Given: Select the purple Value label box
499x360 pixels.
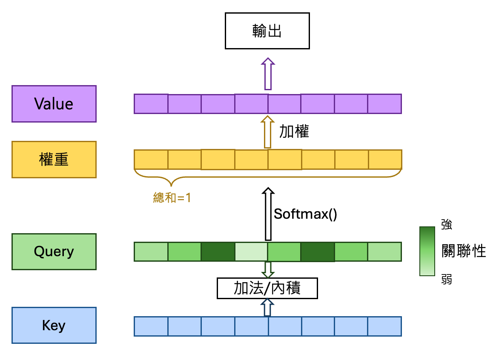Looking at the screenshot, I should point(54,104).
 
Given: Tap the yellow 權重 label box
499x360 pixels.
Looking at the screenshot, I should point(54,160).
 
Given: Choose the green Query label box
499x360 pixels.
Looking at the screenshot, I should point(54,251).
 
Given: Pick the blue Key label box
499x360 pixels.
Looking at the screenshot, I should point(54,326).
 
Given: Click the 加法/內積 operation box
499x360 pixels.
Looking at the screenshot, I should point(267,288).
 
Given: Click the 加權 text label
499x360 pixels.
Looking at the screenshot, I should point(294,131).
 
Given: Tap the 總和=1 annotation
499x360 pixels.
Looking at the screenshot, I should point(172,197).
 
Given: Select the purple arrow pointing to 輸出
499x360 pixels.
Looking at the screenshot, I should point(268,74).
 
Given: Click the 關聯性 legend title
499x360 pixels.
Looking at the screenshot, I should point(464,251).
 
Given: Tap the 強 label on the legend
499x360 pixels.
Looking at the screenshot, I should point(446,225).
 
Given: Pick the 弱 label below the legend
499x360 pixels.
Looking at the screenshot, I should point(446,280).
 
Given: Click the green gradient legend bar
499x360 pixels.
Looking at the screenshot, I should point(427,251).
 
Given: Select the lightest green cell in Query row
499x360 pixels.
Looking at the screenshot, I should point(251,251).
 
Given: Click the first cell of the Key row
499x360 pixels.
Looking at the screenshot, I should point(151,326).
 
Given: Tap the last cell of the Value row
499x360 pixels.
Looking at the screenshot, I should point(384,104).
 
